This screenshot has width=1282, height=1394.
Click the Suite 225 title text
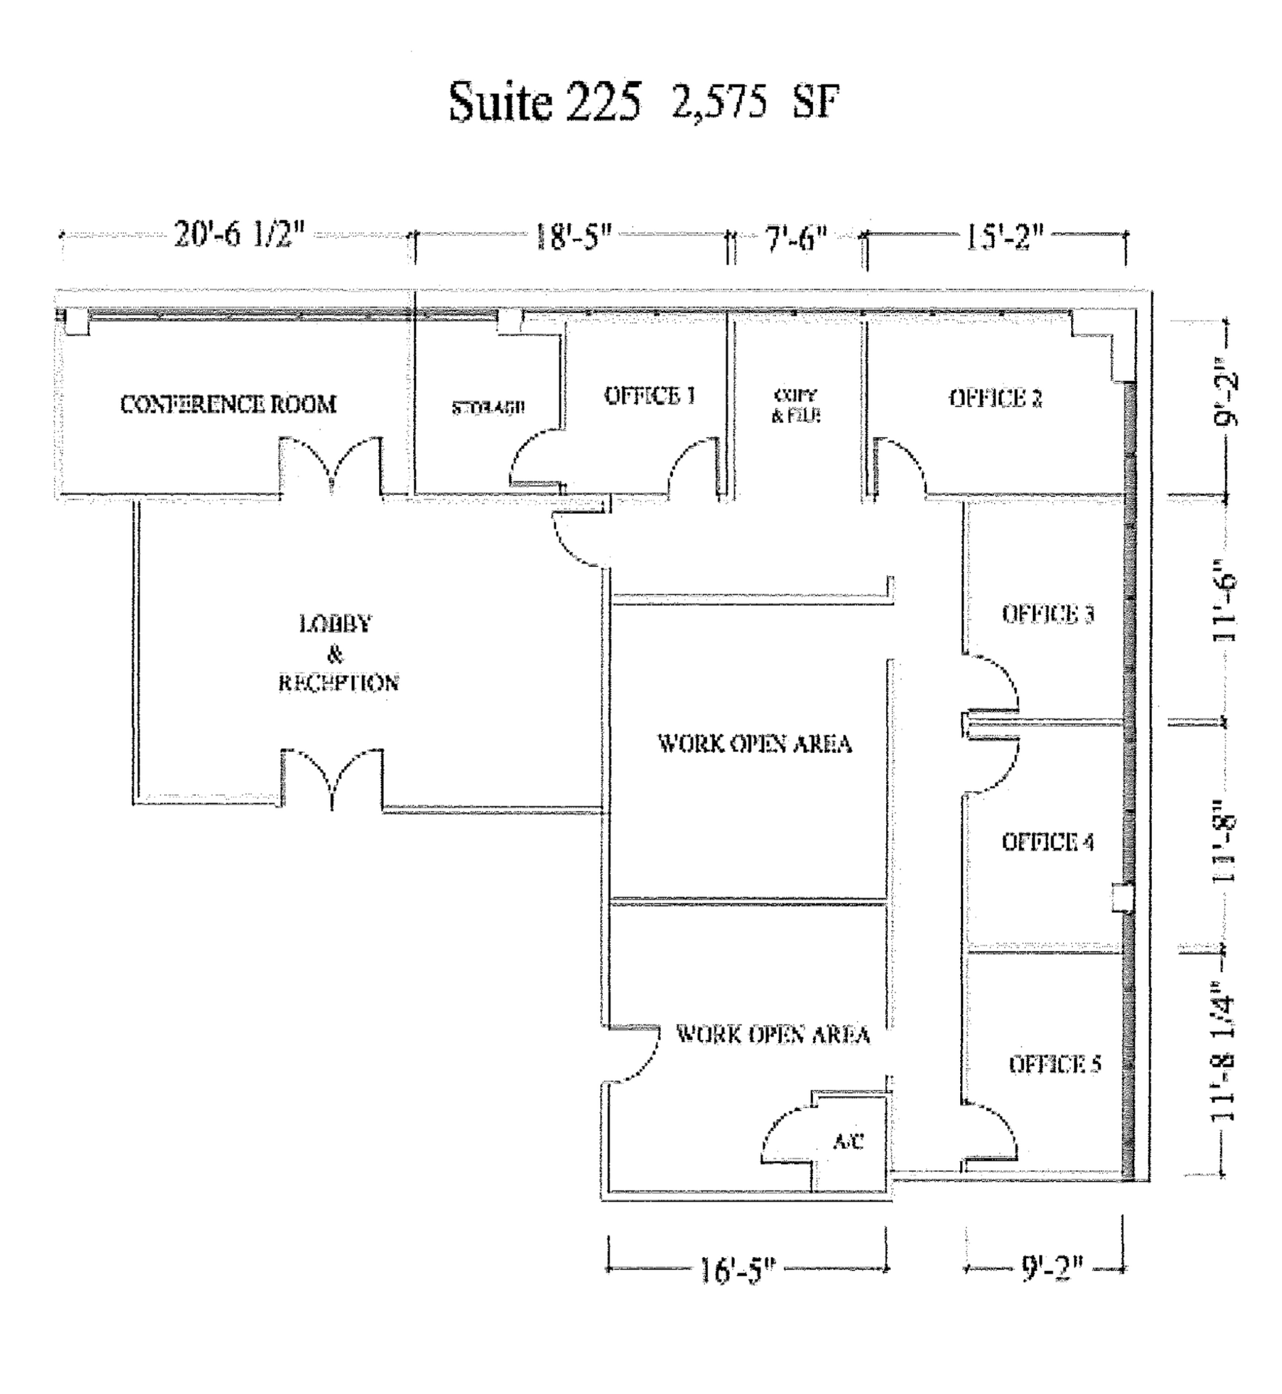(544, 102)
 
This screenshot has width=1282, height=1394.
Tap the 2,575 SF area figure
(755, 103)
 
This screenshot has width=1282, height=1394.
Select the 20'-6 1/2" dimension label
(240, 235)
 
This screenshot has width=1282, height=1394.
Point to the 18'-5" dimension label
(573, 237)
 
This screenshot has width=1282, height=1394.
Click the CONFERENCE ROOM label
(228, 404)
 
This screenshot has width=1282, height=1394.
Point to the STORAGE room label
(489, 408)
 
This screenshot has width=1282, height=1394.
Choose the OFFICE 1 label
(649, 396)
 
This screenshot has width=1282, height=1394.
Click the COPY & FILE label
(795, 406)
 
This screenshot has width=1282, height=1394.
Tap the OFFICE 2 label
(996, 398)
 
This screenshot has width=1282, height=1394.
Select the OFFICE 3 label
(1047, 614)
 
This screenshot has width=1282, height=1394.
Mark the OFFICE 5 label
(1055, 1065)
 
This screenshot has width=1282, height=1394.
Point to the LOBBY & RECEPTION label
(338, 653)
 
